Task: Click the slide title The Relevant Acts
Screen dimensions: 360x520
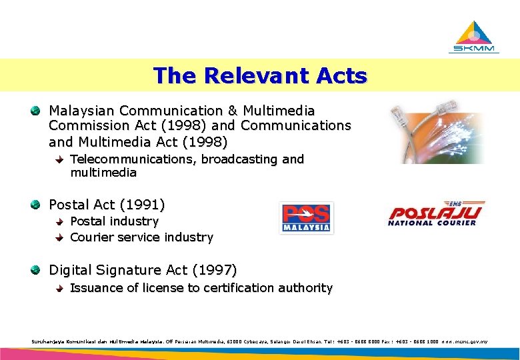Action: click(260, 75)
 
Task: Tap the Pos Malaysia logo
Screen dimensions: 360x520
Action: click(307, 218)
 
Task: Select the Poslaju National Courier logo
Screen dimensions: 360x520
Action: click(437, 215)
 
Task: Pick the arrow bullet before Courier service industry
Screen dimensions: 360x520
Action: click(60, 237)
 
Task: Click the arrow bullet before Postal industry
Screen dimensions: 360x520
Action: click(60, 221)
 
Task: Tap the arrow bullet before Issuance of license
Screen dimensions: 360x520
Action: click(60, 288)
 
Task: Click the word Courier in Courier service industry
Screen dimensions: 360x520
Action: click(91, 237)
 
